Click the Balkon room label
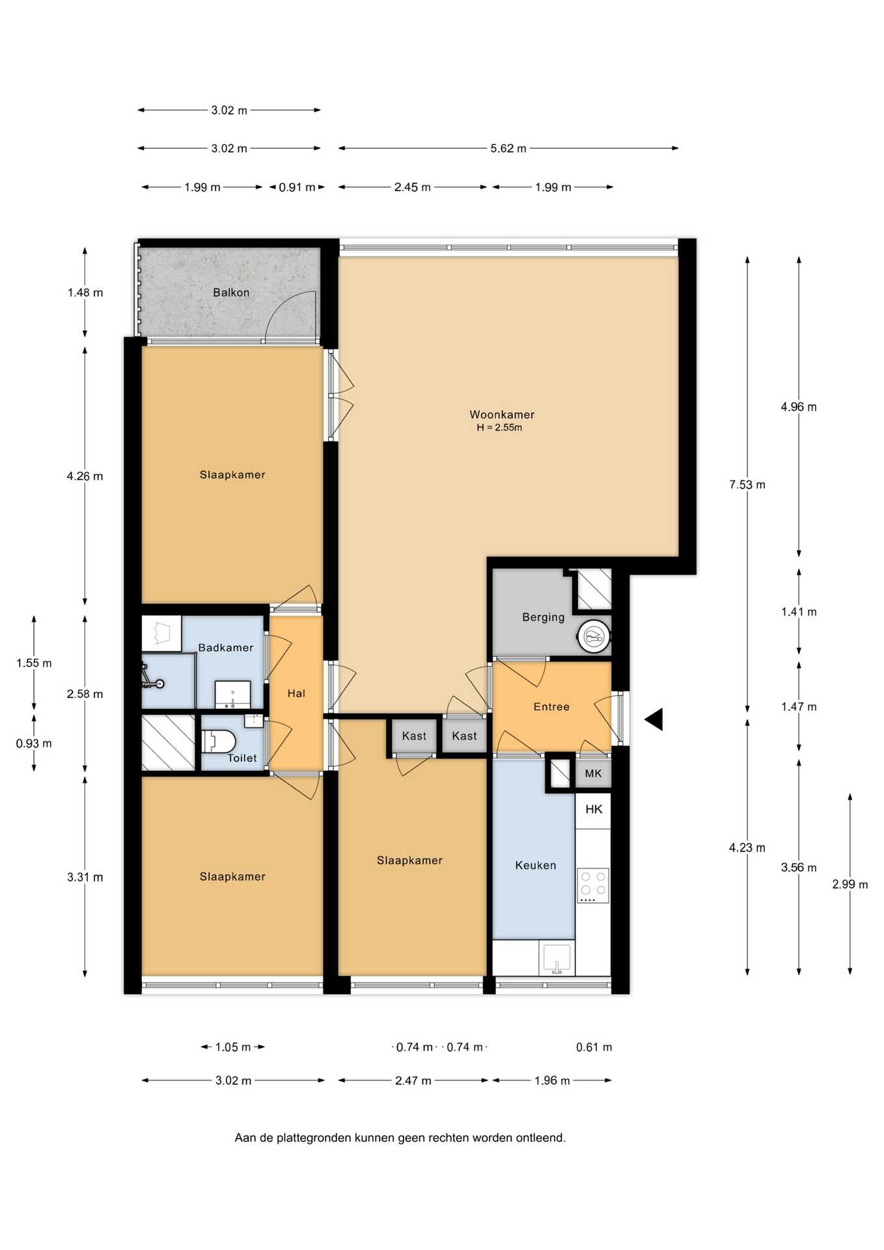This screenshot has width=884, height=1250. pos(231,293)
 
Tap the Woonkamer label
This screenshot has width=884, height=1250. pos(502,415)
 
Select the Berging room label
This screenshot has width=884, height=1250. pos(544,617)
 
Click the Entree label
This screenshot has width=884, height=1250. pos(551,707)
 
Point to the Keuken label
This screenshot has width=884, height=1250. pos(536,865)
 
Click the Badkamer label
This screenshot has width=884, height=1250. pos(226,648)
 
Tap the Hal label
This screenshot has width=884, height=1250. pos(296,694)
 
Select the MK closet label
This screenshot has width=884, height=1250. pos(593,773)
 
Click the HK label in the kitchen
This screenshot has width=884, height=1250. pos(594,809)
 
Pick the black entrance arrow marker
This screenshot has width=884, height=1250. pos(654,719)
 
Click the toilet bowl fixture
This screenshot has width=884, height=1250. pos(218,741)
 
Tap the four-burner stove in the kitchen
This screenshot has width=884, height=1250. pos(593,885)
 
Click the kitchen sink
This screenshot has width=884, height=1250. pos(557,958)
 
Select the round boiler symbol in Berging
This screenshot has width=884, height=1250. pos(594,637)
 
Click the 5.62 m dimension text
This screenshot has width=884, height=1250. pos(508,148)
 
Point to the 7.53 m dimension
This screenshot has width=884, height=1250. pos(747,485)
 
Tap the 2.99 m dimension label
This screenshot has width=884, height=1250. pos(849,884)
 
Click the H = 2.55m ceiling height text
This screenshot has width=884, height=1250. pos(499,428)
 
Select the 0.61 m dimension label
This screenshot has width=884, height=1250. pos(594,1047)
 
